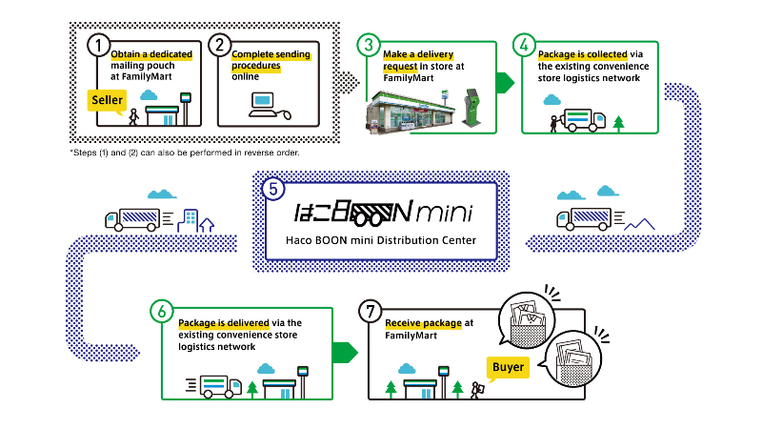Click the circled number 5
point(274,189)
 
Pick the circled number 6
point(163,311)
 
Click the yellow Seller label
point(108,100)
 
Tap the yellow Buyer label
point(507,366)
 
